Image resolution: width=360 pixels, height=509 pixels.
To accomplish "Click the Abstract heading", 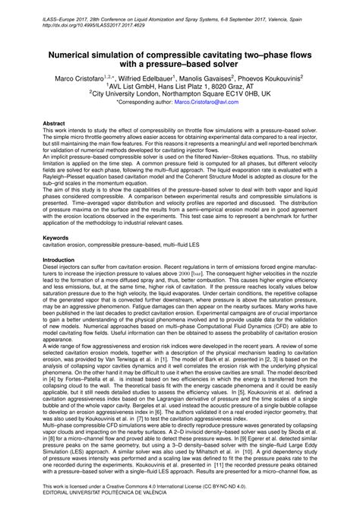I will coord(55,122).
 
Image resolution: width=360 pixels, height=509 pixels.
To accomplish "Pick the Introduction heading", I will coord(62,260).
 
